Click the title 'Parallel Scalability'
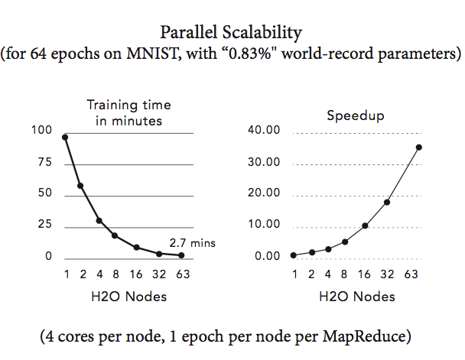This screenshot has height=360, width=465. (232, 33)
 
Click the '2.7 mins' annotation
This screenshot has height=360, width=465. (197, 242)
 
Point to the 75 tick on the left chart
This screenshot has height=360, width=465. (44, 163)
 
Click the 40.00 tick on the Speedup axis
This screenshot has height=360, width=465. (265, 131)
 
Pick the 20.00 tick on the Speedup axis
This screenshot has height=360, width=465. (265, 194)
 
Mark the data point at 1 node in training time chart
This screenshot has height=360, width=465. (65, 137)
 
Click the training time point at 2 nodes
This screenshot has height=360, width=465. (80, 186)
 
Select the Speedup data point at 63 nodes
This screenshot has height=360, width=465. (418, 147)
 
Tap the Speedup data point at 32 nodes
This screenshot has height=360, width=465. (387, 202)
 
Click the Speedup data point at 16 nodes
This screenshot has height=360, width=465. (365, 225)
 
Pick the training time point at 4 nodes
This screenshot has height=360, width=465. (99, 220)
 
